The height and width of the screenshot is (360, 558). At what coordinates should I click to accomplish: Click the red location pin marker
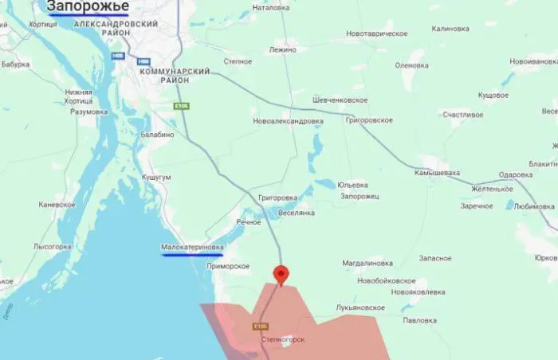coord(281,275)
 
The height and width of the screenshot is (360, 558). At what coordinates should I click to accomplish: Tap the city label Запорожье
coord(88,7)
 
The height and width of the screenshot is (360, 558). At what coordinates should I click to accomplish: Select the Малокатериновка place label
coord(192,248)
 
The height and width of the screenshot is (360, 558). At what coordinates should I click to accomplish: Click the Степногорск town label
coord(283,338)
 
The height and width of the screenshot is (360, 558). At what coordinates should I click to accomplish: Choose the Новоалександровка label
coord(288,121)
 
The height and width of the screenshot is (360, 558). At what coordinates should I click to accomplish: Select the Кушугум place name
coord(155,177)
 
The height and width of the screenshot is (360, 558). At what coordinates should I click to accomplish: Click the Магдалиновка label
coord(367,262)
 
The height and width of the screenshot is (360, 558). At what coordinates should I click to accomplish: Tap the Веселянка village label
coord(296,213)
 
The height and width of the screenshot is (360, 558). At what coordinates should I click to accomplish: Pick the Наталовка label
coord(270,8)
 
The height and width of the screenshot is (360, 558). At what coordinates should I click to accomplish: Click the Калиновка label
coord(450,29)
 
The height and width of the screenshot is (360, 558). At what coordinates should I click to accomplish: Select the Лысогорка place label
coord(53,247)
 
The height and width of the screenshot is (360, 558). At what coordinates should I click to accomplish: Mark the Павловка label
coord(420,320)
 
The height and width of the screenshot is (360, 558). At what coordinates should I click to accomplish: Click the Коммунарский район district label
coord(175,76)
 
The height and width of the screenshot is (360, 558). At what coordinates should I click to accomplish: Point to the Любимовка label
coord(534,205)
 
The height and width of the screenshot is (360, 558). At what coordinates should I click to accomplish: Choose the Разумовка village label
coord(88,112)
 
